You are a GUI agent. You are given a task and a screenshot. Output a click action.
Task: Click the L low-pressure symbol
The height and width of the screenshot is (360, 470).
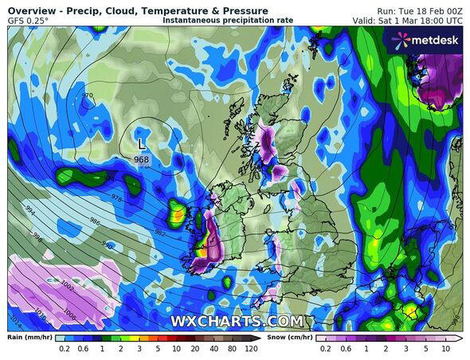click(141, 144)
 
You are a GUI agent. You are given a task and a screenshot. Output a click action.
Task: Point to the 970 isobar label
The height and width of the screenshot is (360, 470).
click(87, 96)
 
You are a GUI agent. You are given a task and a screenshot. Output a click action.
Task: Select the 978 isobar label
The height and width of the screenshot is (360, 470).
click(117, 196)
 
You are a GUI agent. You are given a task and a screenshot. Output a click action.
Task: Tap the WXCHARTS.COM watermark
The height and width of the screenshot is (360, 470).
click(237, 321)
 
